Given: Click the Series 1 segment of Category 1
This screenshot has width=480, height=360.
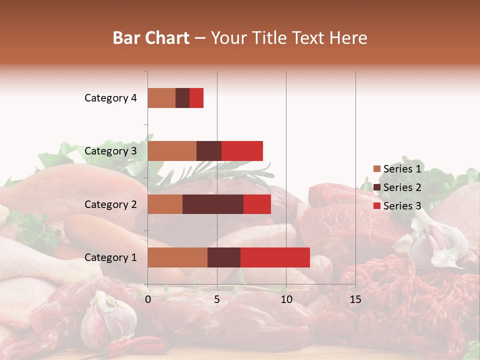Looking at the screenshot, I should tap(177, 257).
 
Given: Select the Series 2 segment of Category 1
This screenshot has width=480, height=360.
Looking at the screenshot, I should tap(224, 257).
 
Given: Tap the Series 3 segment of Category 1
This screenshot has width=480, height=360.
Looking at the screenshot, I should tap(275, 257).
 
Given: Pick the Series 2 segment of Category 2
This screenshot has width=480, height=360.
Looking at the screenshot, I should tap(213, 204).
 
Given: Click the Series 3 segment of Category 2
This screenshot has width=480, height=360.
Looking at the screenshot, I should tap(257, 204).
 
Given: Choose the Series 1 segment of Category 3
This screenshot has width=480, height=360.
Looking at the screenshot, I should tap(172, 151).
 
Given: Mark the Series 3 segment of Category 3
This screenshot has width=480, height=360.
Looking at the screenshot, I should tap(242, 151).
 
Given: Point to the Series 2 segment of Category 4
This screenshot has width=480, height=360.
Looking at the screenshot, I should tap(182, 98).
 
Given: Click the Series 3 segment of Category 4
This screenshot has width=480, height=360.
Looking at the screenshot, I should tap(196, 98).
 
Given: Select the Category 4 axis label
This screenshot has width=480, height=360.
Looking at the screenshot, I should tap(110, 98).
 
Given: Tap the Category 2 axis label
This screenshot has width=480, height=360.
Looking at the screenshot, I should tap(110, 204).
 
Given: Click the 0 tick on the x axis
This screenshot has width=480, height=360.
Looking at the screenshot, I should tap(148, 299).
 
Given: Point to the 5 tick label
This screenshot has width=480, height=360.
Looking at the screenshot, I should tap(217, 299).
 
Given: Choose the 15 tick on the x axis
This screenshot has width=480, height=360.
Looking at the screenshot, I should tap(355, 299).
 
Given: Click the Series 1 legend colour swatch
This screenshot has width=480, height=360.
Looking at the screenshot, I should tap(376, 169).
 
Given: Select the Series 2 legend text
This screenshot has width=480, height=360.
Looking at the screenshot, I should tap(402, 187).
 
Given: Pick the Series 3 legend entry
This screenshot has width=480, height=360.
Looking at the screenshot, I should tap(397, 206).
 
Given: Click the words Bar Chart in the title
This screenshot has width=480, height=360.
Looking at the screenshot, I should tap(151, 38).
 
